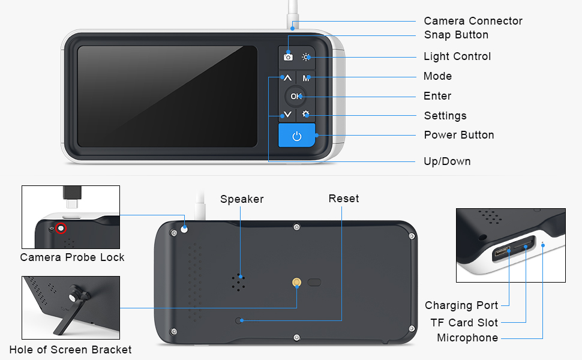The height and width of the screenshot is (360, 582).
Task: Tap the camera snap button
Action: (x=288, y=56)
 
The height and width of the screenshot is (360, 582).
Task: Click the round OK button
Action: (x=295, y=96)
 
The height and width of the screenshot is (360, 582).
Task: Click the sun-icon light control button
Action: (x=307, y=56)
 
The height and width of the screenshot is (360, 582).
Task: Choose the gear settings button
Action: (x=306, y=114)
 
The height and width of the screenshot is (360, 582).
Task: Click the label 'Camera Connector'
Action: (x=473, y=21)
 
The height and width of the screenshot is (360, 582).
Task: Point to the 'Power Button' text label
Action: (x=459, y=135)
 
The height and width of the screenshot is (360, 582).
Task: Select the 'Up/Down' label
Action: (x=447, y=161)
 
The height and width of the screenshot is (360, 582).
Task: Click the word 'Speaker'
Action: (x=242, y=199)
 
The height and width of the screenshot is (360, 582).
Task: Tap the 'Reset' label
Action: (x=344, y=199)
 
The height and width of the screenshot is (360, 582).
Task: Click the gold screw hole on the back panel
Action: (x=297, y=281)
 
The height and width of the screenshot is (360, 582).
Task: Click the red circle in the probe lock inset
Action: (x=60, y=228)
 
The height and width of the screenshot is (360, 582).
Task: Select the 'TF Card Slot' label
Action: (x=464, y=322)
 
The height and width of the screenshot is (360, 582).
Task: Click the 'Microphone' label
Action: (x=467, y=338)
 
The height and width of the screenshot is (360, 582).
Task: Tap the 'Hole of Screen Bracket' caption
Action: (x=70, y=350)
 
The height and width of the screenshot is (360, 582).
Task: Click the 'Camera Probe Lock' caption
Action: (x=72, y=257)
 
